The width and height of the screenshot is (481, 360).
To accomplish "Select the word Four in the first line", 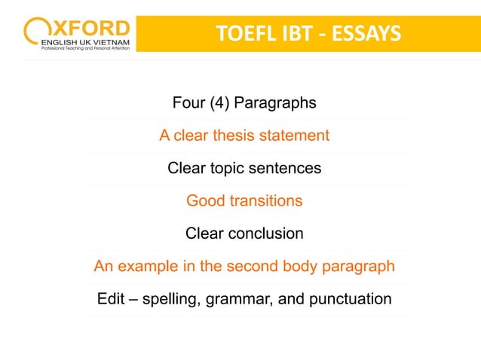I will [x=188, y=103].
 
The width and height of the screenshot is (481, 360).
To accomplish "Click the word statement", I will [x=294, y=136].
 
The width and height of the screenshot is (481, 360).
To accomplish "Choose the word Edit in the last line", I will [x=112, y=299].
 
